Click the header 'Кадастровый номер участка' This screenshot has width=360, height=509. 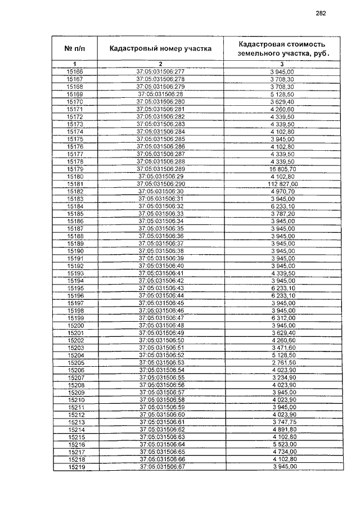(x=160, y=48)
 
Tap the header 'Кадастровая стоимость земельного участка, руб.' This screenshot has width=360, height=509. (x=282, y=48)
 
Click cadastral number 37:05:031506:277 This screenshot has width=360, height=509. (x=160, y=72)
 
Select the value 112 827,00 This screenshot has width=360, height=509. (x=282, y=183)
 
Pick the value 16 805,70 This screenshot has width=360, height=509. (x=282, y=169)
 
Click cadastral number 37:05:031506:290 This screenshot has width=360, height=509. (x=160, y=183)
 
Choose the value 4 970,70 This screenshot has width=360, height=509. (x=282, y=191)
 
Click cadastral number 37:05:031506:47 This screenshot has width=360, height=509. (x=161, y=318)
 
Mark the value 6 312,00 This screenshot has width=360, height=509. (x=282, y=318)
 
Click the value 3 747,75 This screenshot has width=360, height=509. (x=282, y=422)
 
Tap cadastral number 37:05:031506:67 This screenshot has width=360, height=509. (x=161, y=467)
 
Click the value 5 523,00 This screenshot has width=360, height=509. (x=282, y=444)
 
